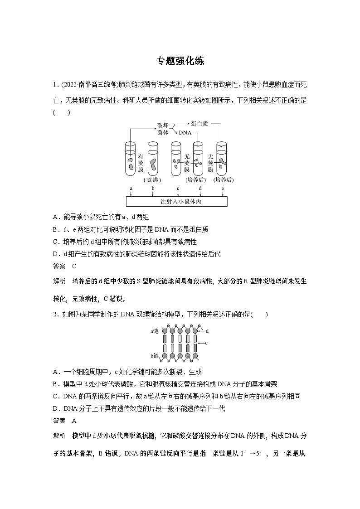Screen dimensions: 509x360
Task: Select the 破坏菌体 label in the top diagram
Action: pyautogui.click(x=162, y=129)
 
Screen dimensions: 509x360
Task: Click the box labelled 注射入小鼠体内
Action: pyautogui.click(x=176, y=201)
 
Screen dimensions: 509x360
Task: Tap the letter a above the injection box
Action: pyautogui.click(x=131, y=188)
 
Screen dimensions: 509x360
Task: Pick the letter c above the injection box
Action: pyautogui.click(x=178, y=188)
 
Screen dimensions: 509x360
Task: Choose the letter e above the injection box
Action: pyautogui.click(x=222, y=188)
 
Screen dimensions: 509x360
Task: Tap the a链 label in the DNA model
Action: pyautogui.click(x=155, y=331)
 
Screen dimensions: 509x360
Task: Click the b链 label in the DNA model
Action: pyautogui.click(x=155, y=355)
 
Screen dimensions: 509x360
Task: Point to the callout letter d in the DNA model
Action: pyautogui.click(x=207, y=331)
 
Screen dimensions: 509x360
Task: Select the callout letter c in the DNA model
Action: pyautogui.click(x=206, y=343)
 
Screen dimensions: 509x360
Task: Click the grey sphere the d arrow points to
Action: pyautogui.click(x=195, y=331)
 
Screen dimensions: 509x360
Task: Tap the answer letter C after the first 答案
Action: pyautogui.click(x=74, y=267)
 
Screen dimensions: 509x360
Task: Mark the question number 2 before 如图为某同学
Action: pyautogui.click(x=55, y=315)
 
